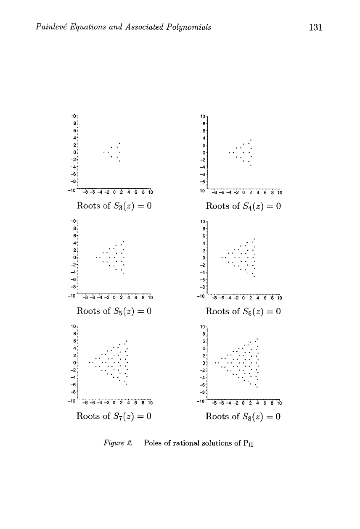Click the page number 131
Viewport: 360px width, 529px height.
tap(315, 27)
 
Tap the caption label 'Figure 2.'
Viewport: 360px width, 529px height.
tap(118, 443)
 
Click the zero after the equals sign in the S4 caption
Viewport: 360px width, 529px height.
tap(278, 206)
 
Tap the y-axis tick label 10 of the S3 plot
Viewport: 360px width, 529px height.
tap(73, 116)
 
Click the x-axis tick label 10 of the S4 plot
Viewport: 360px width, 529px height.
tap(280, 193)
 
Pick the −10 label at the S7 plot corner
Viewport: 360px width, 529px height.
tap(71, 401)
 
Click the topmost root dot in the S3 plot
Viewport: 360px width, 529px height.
tap(119, 143)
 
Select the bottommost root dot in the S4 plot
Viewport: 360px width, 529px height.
tap(251, 165)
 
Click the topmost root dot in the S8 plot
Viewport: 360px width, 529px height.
tap(257, 339)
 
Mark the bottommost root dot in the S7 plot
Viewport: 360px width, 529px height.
tap(126, 384)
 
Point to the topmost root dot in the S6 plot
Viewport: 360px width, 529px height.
tap(254, 239)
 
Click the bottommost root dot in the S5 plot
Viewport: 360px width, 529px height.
tap(123, 273)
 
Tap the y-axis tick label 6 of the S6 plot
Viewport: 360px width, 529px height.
tap(204, 236)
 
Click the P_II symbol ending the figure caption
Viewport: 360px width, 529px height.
tap(248, 443)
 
